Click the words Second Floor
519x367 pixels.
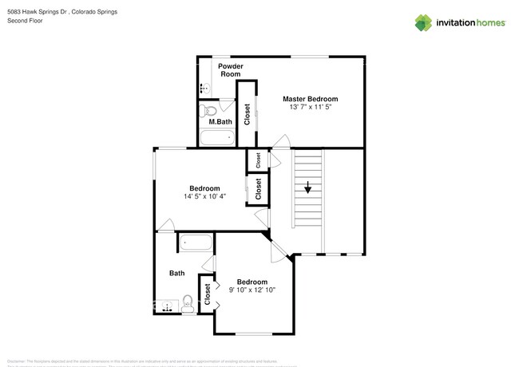click(x=25, y=21)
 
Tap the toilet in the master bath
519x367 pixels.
click(x=209, y=110)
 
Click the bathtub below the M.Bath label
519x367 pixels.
click(x=216, y=138)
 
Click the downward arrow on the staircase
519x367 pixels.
click(x=307, y=188)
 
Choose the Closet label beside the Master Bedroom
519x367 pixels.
click(x=247, y=113)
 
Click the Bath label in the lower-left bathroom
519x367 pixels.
click(x=177, y=273)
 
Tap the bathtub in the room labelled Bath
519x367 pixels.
click(x=196, y=243)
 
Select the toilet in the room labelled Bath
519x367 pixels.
click(x=188, y=302)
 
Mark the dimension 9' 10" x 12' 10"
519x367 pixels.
click(x=252, y=290)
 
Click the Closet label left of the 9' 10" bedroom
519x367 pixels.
click(x=207, y=294)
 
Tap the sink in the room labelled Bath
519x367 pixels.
click(x=167, y=305)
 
